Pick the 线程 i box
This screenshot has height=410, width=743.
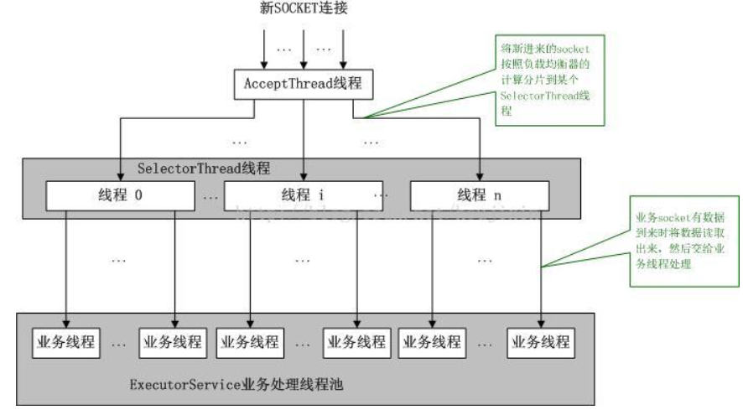pos(299,196)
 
